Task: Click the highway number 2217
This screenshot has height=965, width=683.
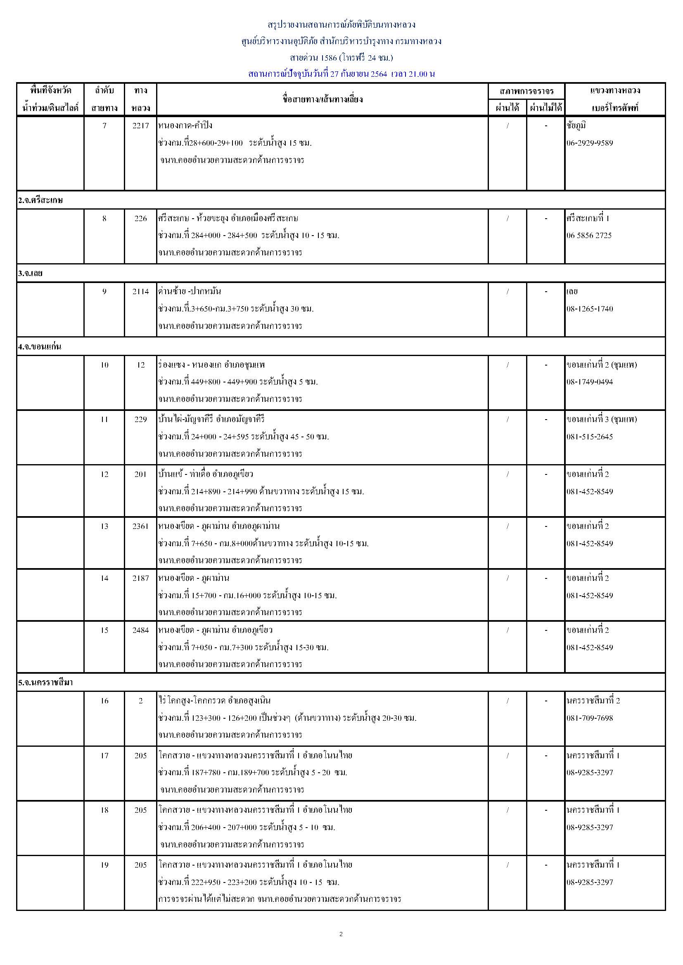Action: click(140, 126)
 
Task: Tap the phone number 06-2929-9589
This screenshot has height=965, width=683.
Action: click(590, 143)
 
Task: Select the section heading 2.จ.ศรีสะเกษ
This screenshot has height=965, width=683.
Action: click(40, 201)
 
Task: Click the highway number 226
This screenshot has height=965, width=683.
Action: click(140, 219)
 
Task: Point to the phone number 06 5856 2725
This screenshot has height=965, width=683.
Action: click(589, 235)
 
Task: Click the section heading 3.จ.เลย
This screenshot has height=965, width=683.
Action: click(30, 274)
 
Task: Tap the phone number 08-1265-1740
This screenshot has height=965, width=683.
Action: click(590, 309)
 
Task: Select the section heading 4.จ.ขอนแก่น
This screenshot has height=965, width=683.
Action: click(40, 347)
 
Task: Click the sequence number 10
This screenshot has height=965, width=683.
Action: click(104, 365)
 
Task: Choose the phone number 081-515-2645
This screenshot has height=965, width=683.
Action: click(590, 436)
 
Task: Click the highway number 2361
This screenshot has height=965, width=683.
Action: click(140, 526)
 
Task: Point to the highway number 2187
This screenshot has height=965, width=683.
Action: click(140, 578)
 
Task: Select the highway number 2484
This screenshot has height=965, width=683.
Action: click(140, 630)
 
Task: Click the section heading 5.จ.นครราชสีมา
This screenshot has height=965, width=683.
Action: click(45, 683)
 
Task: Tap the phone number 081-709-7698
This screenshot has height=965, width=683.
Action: click(590, 718)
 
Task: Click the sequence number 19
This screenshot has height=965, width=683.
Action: click(104, 865)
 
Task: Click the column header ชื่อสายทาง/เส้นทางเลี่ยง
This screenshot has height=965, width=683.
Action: click(323, 99)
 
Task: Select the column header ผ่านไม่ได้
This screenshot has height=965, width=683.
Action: click(546, 108)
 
